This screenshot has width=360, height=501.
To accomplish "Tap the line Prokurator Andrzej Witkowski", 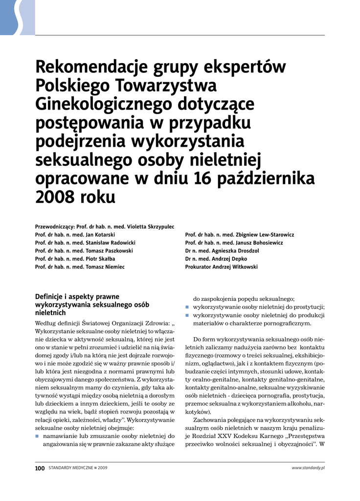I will click(221, 267).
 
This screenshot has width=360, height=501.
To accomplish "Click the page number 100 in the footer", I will click(40, 468).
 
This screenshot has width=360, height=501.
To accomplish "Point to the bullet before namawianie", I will click(37, 435).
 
